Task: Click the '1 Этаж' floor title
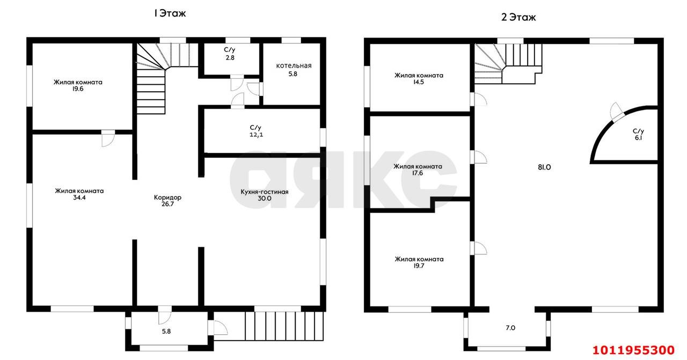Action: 170,13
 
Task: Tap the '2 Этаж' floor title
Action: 518,17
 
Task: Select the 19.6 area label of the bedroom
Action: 78,89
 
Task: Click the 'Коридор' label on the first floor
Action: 167,197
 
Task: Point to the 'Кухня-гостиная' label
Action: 265,192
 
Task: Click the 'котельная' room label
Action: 294,65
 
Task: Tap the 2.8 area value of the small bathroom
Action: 230,57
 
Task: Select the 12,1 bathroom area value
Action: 256,135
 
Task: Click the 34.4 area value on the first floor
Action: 79,198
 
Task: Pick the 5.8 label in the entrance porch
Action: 166,332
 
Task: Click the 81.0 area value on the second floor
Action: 544,167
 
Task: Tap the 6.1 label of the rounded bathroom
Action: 639,138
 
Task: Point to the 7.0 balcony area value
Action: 510,328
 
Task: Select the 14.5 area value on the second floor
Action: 418,82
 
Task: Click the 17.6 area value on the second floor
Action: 418,173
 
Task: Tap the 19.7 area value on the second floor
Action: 419,266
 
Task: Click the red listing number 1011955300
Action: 634,350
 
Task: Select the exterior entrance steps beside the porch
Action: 284,326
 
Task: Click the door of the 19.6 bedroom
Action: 108,138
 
